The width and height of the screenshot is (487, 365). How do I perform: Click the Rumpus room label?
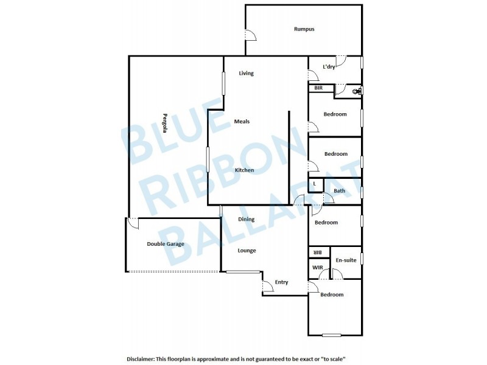pos(304,29)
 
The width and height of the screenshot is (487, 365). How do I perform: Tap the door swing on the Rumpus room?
pos(250,35)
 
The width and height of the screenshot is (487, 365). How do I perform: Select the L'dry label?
pos(329,67)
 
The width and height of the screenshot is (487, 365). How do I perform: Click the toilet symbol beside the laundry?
pos(358,91)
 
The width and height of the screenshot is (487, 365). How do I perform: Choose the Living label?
pos(246,74)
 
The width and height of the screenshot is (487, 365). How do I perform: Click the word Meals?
pos(242,122)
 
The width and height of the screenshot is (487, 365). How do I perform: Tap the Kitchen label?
pos(244,170)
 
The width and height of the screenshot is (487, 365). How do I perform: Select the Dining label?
pos(246,220)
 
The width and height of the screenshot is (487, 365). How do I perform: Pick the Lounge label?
pos(247,251)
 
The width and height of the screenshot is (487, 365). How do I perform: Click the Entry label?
pos(281,282)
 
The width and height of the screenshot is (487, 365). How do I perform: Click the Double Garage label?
pos(165,244)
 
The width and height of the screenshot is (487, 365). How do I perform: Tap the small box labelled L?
pos(315,183)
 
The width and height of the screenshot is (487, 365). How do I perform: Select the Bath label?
pos(339,191)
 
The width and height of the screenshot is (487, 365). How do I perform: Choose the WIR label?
pos(317,268)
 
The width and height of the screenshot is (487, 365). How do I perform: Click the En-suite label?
pos(346,260)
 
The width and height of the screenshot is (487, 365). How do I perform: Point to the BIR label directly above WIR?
pos(317,252)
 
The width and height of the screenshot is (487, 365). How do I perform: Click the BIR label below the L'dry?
pos(318,88)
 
